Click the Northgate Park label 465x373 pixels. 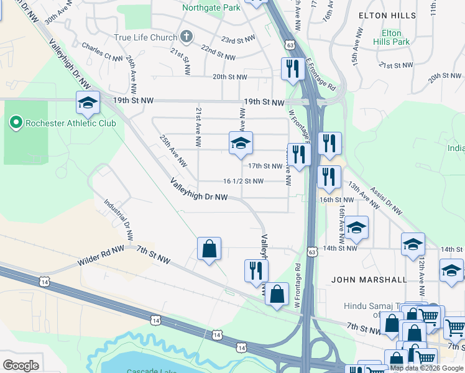coord(211,8)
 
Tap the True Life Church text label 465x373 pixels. coord(145,37)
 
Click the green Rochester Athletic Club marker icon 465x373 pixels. coord(16,122)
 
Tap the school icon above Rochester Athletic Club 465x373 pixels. coord(88,103)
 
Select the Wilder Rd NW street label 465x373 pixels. coord(101,256)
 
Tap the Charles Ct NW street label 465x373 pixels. coord(102,52)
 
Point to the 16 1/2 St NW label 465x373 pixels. coord(243,182)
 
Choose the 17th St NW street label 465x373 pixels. coord(265,166)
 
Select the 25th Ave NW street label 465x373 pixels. coord(173,151)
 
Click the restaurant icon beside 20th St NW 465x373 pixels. coord(292,69)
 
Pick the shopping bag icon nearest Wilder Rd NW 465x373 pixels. coord(209,249)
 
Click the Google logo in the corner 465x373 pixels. coord(21,366)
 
